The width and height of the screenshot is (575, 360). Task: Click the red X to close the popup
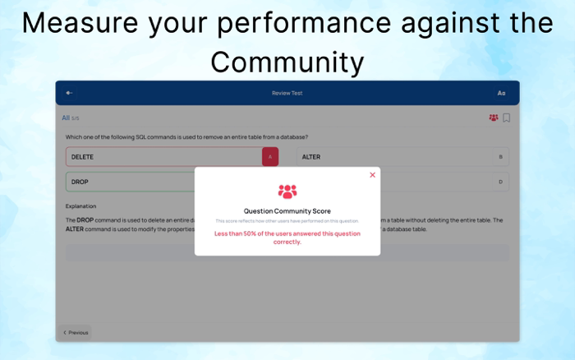coord(372,175)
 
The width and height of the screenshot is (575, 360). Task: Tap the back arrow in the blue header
coord(70,93)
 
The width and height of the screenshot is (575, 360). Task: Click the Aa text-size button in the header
coord(501,93)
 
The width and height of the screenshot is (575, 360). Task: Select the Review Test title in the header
coord(287,93)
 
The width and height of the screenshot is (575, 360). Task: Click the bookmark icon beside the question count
coord(506,118)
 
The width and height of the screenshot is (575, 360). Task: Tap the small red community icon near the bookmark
coord(494,118)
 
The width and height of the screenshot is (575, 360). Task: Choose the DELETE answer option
coord(164,156)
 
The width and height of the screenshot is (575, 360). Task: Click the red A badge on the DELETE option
coord(270,156)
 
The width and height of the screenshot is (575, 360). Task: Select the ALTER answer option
coord(394,156)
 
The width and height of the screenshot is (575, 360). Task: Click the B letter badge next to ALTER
coord(500,156)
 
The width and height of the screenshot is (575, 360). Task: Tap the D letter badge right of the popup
coord(500,182)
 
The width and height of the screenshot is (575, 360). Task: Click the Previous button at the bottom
coord(76,333)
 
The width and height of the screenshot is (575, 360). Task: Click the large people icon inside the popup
coord(287,192)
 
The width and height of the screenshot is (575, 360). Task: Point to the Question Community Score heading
coord(287,211)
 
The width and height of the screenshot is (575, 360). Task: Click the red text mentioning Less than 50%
coord(287,238)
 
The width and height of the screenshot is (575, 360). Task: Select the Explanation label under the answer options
coord(81,206)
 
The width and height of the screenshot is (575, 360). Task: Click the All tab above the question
coord(66,118)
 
